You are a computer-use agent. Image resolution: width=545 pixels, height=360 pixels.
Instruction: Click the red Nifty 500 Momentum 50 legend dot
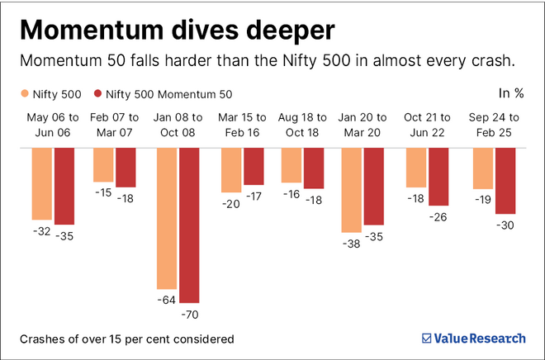point(99,93)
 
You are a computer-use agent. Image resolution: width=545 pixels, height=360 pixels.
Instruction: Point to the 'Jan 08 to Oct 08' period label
point(178,125)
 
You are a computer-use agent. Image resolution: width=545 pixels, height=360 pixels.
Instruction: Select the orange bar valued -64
point(167,218)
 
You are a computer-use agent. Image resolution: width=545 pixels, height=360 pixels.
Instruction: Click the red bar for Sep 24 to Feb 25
point(505,181)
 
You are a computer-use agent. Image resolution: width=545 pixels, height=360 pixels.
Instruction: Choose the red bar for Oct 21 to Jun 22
point(438,177)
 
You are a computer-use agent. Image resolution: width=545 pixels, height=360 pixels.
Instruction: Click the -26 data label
point(438,217)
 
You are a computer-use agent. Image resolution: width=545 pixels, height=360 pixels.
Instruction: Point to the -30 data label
point(505,226)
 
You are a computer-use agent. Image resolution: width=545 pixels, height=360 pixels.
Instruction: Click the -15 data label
point(103,192)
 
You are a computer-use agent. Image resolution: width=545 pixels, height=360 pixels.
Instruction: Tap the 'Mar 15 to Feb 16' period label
point(241,125)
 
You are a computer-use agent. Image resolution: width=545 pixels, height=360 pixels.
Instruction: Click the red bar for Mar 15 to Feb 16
point(254,166)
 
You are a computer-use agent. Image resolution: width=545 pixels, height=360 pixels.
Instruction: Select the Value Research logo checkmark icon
point(427,338)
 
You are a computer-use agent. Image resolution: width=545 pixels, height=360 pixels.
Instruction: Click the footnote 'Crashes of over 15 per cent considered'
point(126,339)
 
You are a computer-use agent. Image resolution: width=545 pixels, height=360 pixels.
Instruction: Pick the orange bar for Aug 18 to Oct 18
point(291,165)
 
